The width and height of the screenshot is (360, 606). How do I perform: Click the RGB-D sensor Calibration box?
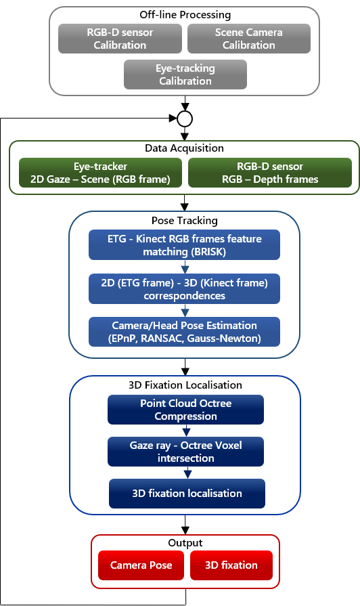[120, 39]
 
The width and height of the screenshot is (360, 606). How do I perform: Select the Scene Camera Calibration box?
[249, 39]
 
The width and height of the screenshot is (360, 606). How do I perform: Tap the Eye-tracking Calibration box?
[185, 74]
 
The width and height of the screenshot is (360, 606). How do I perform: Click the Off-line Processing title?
[185, 15]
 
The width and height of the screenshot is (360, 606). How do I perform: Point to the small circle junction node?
[185, 118]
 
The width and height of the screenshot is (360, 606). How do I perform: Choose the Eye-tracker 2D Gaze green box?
[100, 173]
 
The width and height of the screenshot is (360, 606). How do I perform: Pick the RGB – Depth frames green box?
[270, 173]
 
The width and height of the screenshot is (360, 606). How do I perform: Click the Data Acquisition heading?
[184, 148]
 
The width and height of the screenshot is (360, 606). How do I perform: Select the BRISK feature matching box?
[184, 245]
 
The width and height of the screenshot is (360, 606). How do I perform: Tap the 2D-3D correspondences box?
[184, 289]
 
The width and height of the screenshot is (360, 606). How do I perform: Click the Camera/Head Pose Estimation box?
[184, 332]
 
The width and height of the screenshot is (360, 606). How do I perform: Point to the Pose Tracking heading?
[185, 221]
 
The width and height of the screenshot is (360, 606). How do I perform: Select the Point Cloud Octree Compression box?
[186, 410]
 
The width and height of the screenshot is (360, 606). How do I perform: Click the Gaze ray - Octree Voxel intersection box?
[186, 452]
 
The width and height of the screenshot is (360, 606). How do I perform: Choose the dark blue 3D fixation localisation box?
[187, 494]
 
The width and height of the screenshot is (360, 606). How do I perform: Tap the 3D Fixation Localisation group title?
[185, 385]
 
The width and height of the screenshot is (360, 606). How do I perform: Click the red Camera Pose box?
[141, 565]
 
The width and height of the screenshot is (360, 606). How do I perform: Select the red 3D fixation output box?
[231, 565]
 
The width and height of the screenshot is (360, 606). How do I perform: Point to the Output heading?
[185, 543]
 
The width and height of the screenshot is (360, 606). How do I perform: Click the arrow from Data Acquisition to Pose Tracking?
[185, 203]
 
